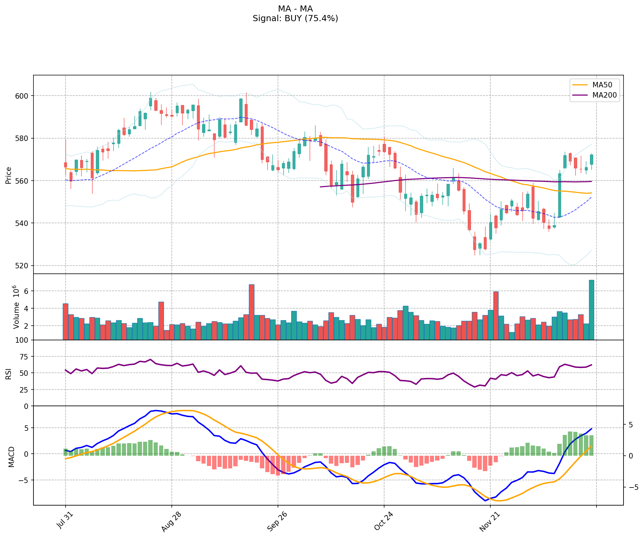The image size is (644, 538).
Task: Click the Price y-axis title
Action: [9, 175]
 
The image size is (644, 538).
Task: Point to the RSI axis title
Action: [9, 373]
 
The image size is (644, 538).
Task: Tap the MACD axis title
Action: [11, 456]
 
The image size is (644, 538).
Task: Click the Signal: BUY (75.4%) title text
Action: [295, 18]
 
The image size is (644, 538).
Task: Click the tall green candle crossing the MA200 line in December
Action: [560, 195]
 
